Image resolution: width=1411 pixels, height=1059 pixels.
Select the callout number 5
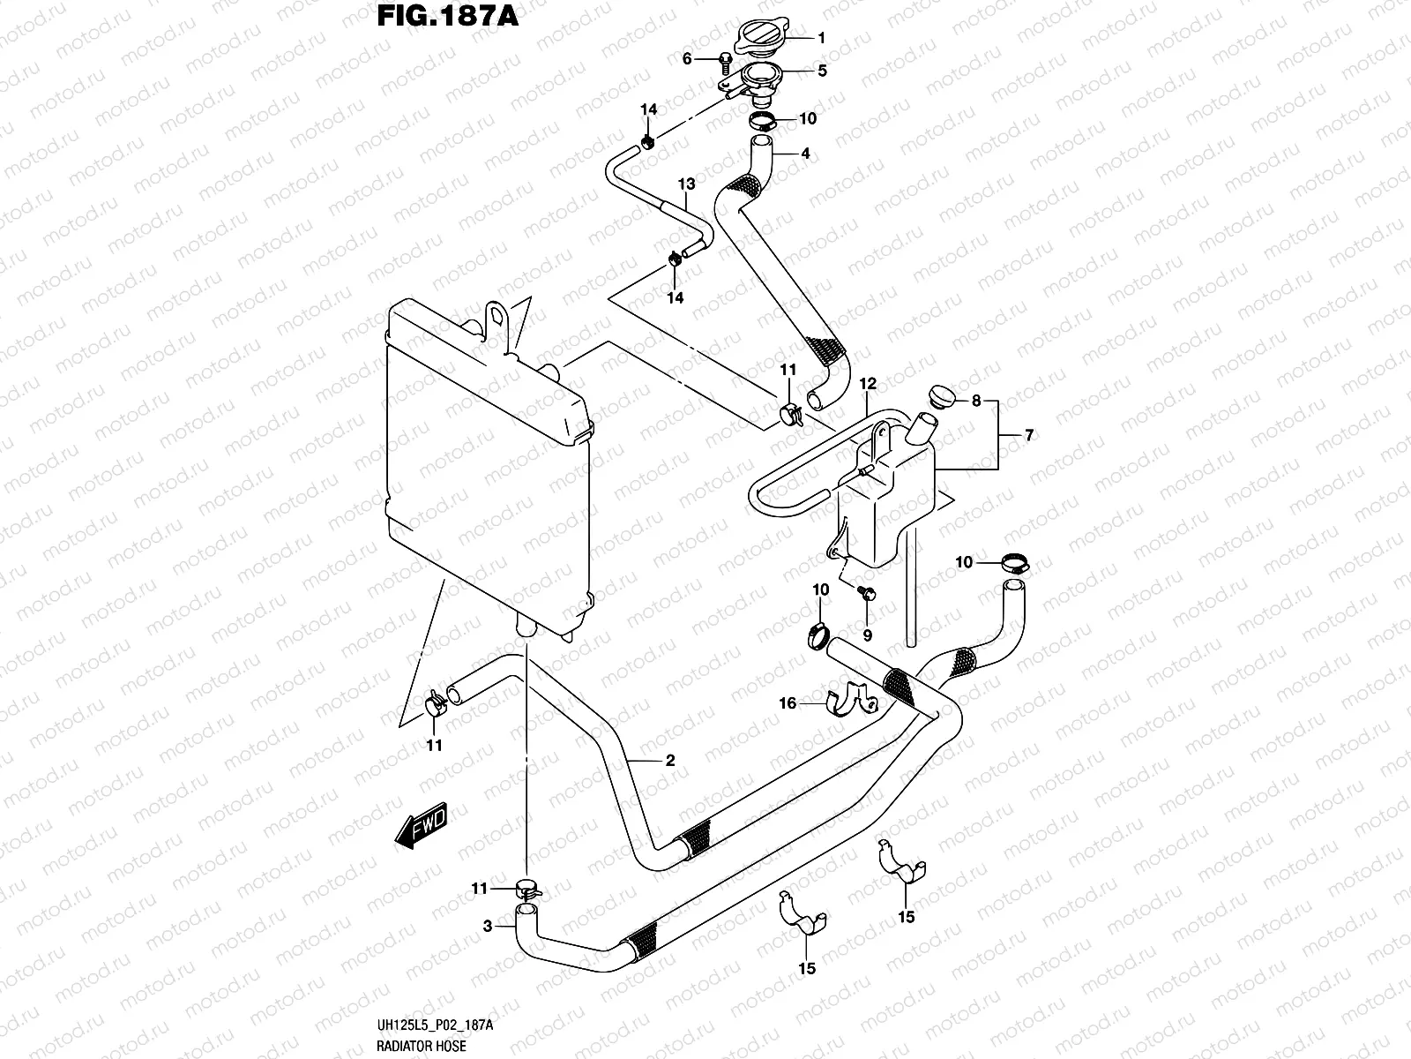821,70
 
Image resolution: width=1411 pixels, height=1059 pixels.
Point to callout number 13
686,184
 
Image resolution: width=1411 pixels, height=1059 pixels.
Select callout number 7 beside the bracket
1028,435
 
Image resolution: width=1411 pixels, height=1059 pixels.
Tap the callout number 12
868,384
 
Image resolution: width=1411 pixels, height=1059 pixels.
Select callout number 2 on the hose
669,760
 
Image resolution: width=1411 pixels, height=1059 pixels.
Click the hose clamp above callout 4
763,121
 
